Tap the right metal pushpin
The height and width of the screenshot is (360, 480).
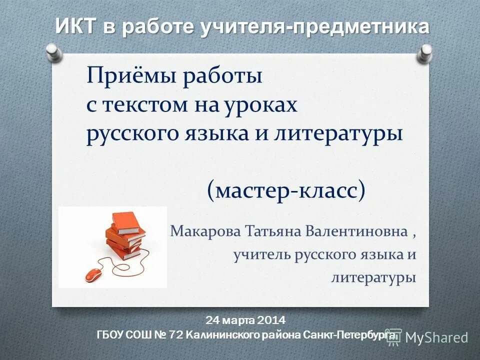click(x=425, y=52)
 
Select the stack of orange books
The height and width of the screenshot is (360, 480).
click(x=123, y=234)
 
